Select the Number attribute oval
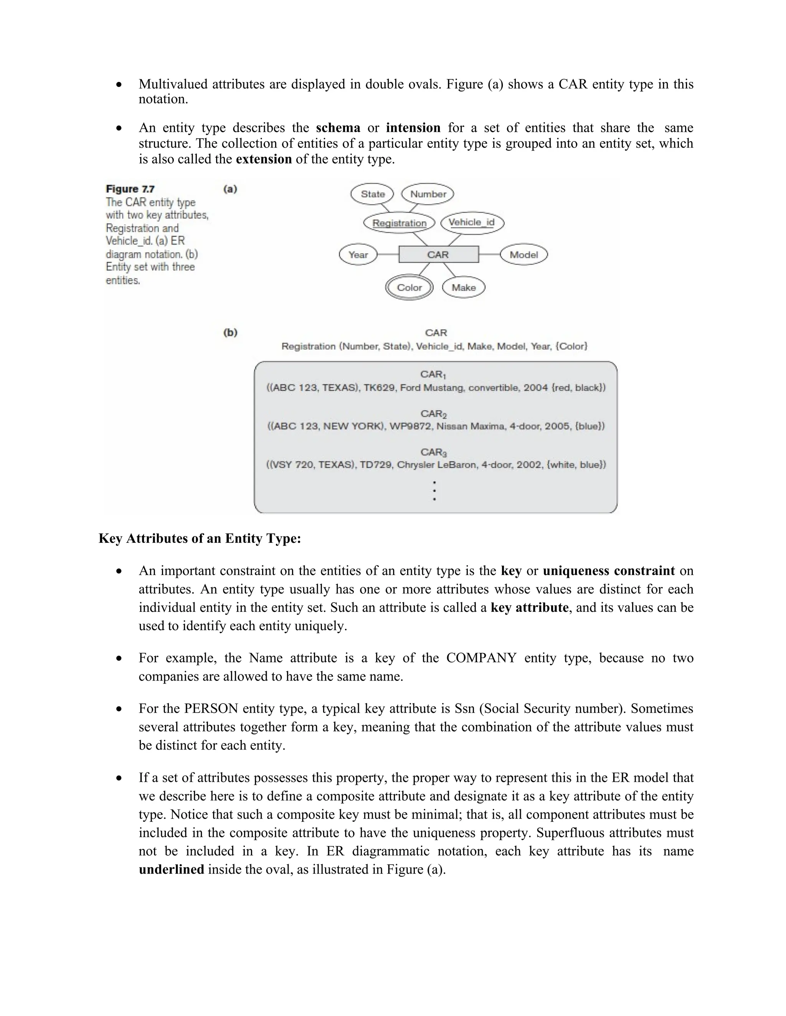click(x=428, y=194)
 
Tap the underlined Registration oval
click(x=399, y=223)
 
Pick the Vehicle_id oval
click(x=472, y=222)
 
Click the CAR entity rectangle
click(x=438, y=255)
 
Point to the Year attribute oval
click(x=358, y=255)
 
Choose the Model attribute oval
click(x=523, y=255)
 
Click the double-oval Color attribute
click(x=409, y=288)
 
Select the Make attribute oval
click(x=463, y=288)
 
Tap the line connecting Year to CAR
click(x=388, y=255)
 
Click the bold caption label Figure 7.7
click(x=130, y=189)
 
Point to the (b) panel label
click(x=231, y=333)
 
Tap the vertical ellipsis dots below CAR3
click(x=434, y=490)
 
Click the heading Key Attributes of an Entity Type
click(x=200, y=538)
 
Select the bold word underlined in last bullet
click(x=171, y=869)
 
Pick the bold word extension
click(x=264, y=159)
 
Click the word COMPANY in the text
click(x=481, y=658)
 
